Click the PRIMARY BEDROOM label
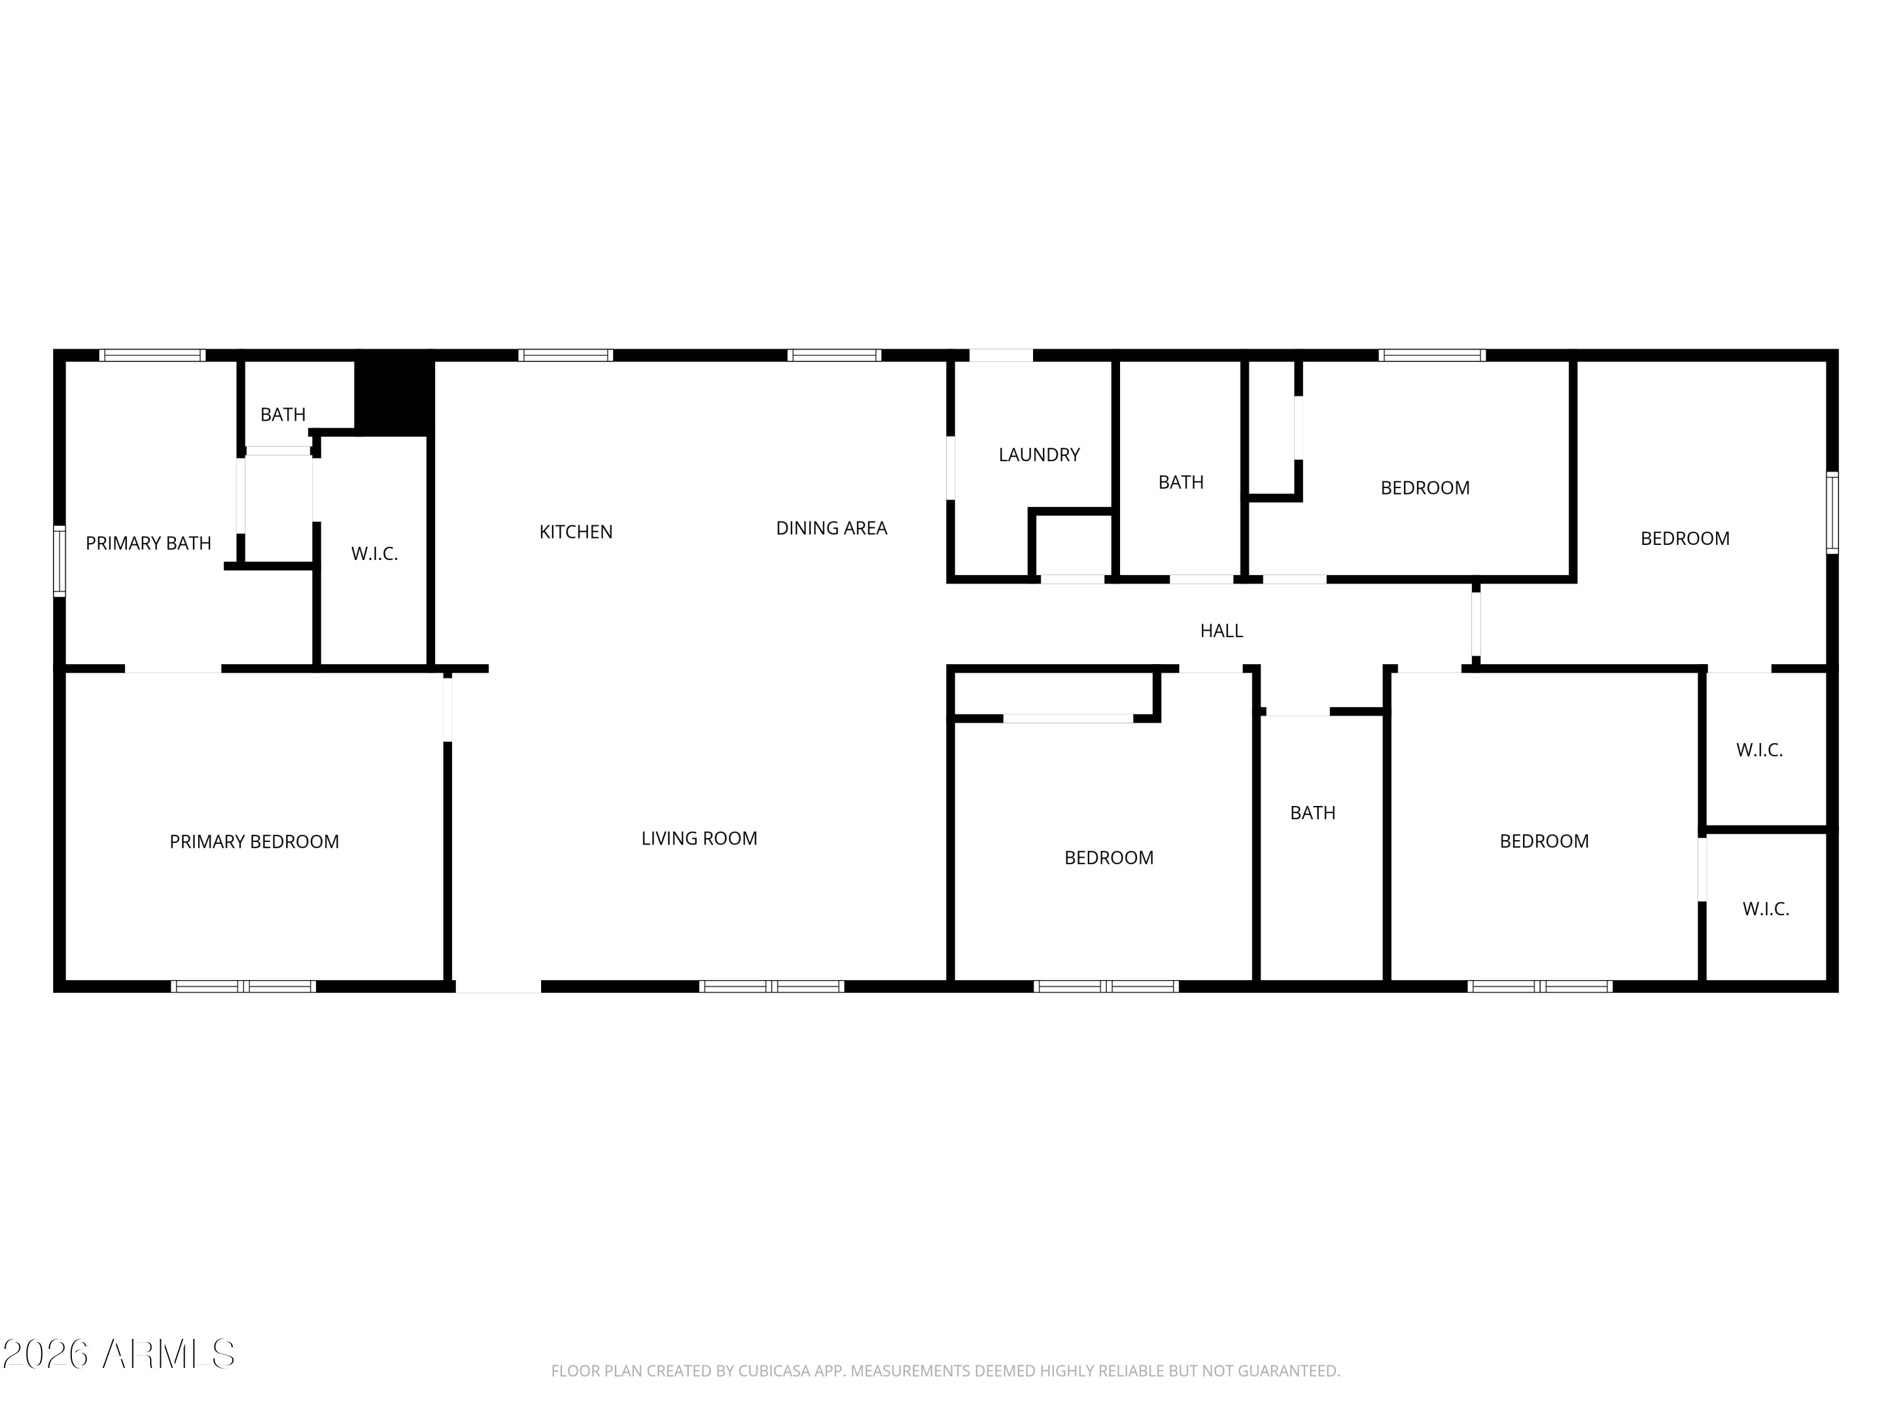coord(254,842)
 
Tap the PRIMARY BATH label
coord(148,543)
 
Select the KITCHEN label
coord(576,532)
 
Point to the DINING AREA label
coord(831,528)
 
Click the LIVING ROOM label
coord(699,838)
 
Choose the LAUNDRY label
coord(1039,455)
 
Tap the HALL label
coord(1222,631)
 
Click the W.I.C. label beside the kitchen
coord(375,553)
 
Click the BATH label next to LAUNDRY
coord(1181,482)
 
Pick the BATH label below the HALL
coord(1313,812)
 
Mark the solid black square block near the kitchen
coord(394,393)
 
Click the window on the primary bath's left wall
coord(59,560)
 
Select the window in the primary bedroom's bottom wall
coord(244,986)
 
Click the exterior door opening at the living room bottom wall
coord(499,986)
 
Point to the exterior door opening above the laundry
coord(1001,355)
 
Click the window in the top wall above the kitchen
coord(565,355)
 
